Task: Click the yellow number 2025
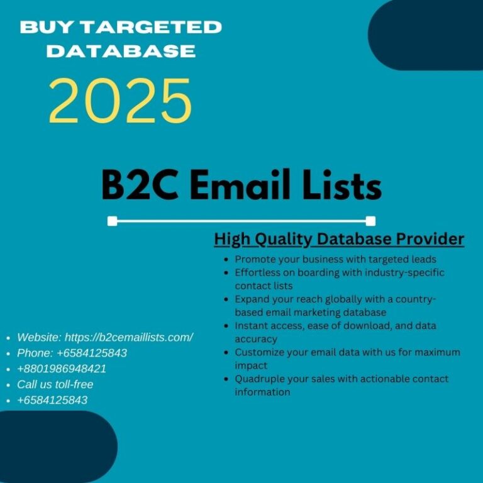pyautogui.click(x=121, y=101)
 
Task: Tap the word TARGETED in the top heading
pyautogui.click(x=152, y=27)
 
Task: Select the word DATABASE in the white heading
pyautogui.click(x=121, y=51)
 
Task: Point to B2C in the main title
pyautogui.click(x=140, y=186)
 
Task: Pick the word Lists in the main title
pyautogui.click(x=342, y=185)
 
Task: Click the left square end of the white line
pyautogui.click(x=113, y=221)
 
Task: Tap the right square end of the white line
pyautogui.click(x=370, y=221)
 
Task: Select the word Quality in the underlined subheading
pyautogui.click(x=284, y=240)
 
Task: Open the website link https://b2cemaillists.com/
pyautogui.click(x=129, y=337)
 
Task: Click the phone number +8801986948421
pyautogui.click(x=62, y=369)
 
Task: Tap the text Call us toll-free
pyautogui.click(x=55, y=384)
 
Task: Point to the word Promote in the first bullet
pyautogui.click(x=255, y=259)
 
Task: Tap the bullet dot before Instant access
pyautogui.click(x=226, y=326)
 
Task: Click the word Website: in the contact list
pyautogui.click(x=40, y=337)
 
